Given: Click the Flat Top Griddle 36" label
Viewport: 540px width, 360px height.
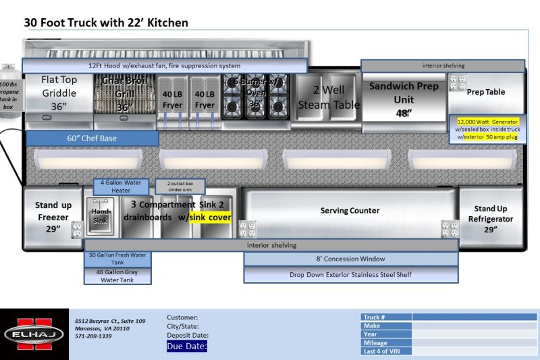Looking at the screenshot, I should [59, 93].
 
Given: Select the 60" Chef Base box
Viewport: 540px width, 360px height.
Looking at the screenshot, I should [92, 138].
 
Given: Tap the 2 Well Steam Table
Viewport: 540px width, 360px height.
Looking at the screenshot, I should [329, 97].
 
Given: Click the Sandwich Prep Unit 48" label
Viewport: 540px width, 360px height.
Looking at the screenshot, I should [404, 99].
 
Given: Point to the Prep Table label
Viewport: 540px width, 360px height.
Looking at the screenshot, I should [486, 92].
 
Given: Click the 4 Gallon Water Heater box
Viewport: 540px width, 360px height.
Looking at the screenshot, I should [121, 186].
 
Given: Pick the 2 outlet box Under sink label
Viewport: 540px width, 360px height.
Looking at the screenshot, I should [180, 186].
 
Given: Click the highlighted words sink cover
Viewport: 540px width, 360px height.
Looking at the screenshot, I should [210, 217].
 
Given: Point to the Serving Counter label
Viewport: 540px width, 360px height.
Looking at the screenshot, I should [350, 211].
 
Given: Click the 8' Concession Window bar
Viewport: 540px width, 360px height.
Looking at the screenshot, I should [350, 259].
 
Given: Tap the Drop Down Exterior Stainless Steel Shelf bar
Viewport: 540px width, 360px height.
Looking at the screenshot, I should [350, 275].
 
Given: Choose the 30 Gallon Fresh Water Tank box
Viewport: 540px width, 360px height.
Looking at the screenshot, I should [117, 259].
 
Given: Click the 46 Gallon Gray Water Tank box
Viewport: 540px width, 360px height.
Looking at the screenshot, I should [117, 275].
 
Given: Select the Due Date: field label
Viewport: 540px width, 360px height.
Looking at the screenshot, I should [187, 346].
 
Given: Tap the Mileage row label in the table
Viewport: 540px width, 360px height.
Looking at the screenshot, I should [376, 343].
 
